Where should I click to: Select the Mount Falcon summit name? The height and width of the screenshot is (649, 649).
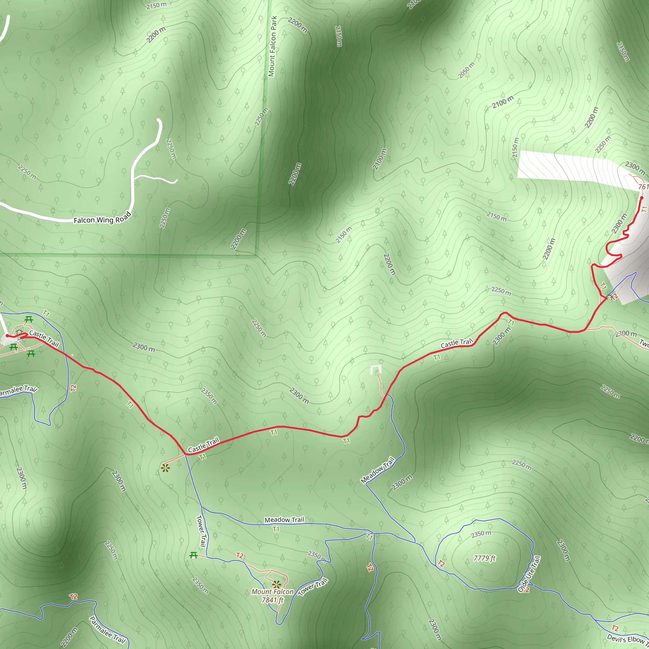(272, 592)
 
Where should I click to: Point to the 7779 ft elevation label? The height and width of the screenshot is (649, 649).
(485, 558)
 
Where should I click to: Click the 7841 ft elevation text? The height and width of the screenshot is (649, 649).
(273, 600)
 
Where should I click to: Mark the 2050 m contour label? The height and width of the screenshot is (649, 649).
(466, 70)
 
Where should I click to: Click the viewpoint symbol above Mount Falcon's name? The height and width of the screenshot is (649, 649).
(276, 584)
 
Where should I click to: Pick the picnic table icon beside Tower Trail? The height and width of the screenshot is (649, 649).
(194, 555)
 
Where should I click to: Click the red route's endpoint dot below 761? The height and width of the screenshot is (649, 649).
(641, 198)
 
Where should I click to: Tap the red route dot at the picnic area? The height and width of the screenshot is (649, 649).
(7, 336)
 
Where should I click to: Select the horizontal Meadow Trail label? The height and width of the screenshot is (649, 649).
(284, 520)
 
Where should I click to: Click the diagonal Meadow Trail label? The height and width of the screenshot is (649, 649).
(377, 470)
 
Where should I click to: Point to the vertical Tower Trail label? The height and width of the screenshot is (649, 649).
(201, 531)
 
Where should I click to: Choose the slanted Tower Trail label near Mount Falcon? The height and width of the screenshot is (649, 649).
(312, 587)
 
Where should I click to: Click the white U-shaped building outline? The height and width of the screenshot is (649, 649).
(376, 370)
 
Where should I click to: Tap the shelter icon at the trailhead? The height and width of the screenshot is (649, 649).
(19, 332)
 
